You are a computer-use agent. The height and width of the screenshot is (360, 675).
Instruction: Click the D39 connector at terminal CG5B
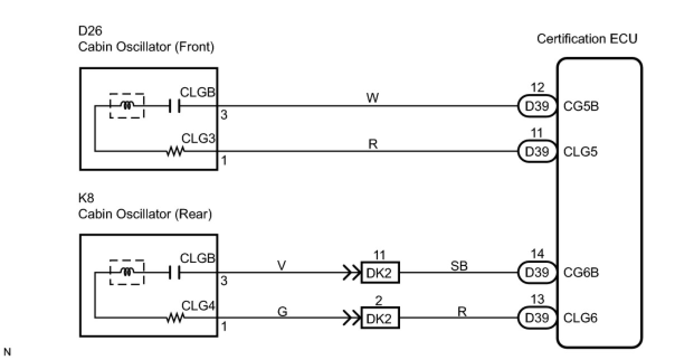(537, 106)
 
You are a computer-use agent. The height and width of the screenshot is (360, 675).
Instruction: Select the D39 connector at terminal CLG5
(537, 151)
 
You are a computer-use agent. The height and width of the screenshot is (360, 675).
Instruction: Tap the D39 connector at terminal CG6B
(537, 273)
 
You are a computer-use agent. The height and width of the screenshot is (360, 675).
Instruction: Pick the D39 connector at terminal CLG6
(537, 318)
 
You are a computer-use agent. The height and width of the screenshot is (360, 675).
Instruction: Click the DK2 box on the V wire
(381, 273)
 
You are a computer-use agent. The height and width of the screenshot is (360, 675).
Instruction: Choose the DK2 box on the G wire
(381, 318)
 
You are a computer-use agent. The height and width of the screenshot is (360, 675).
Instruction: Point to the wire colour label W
(373, 98)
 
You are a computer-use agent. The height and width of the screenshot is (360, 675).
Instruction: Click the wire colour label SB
(459, 266)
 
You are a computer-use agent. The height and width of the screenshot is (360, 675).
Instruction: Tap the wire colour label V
(281, 266)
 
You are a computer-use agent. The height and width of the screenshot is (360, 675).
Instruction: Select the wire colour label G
(282, 311)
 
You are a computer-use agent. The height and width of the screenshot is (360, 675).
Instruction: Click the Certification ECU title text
(587, 39)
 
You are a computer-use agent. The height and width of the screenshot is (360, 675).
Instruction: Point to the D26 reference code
(90, 30)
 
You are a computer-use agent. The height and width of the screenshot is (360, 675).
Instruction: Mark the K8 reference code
(86, 198)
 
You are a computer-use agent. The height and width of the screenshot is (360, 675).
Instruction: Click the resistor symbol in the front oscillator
(175, 151)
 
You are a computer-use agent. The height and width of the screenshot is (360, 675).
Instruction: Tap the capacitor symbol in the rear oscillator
(174, 273)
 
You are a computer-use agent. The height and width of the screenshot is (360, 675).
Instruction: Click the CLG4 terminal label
(198, 306)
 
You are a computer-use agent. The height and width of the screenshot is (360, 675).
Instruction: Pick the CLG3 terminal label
(198, 139)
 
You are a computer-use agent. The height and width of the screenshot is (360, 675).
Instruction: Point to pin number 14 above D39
(538, 254)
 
